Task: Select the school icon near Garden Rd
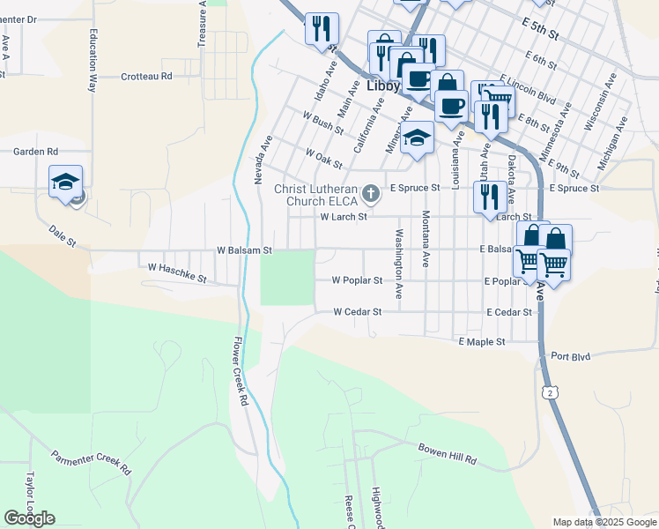[x=65, y=183]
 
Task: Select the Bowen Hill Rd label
[x=447, y=453]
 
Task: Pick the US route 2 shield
[x=551, y=391]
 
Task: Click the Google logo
[x=29, y=518]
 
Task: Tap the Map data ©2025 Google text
[x=604, y=522]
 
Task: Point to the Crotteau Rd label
[x=146, y=77]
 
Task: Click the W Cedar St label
[x=357, y=311]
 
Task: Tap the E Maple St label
[x=481, y=341]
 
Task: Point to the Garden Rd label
[x=35, y=152]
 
